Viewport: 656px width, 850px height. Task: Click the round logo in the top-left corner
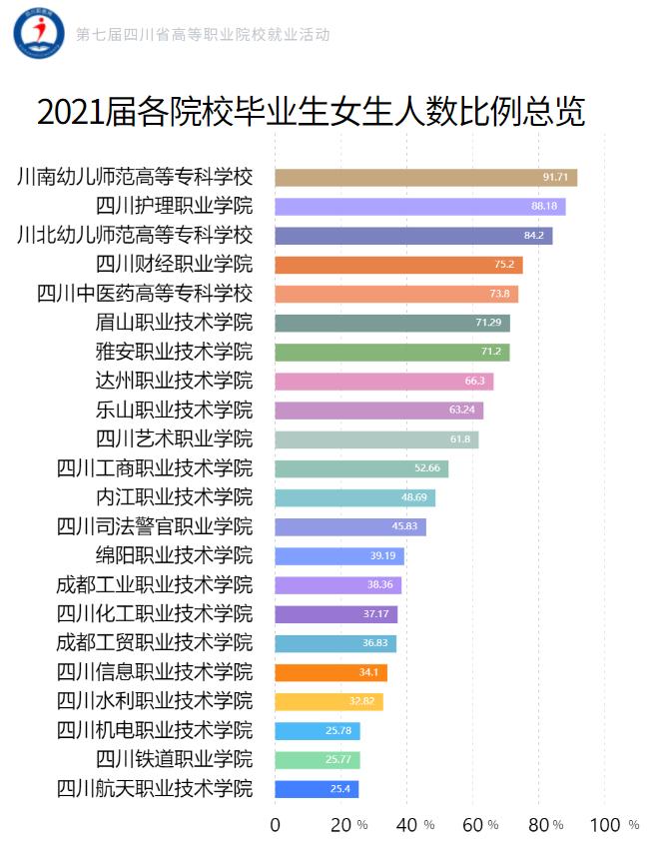pos(38,33)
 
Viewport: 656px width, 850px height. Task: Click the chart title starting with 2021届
pos(311,112)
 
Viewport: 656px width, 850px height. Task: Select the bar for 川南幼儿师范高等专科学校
pos(425,178)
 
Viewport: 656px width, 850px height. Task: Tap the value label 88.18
pos(544,207)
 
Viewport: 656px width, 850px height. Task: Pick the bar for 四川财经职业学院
pos(398,265)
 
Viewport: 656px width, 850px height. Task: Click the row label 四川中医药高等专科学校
pos(145,294)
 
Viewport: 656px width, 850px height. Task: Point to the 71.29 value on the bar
pos(488,323)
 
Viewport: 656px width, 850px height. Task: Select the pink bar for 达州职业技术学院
pos(383,382)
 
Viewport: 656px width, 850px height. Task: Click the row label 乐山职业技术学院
pos(175,411)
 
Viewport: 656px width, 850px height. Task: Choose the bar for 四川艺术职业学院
pos(376,439)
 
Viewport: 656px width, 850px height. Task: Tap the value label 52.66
pos(426,468)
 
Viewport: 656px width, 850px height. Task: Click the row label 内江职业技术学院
pos(175,497)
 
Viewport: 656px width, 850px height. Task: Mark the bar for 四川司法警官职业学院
pos(350,526)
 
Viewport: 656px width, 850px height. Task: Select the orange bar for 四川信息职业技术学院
pos(330,672)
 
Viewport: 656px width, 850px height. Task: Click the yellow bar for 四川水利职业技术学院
pos(328,701)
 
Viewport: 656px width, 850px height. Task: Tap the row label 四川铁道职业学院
pos(175,759)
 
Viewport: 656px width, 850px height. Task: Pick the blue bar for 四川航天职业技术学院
pos(317,789)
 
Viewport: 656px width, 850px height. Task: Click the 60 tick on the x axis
pos(473,824)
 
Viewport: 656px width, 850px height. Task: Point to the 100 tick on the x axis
pos(605,824)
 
